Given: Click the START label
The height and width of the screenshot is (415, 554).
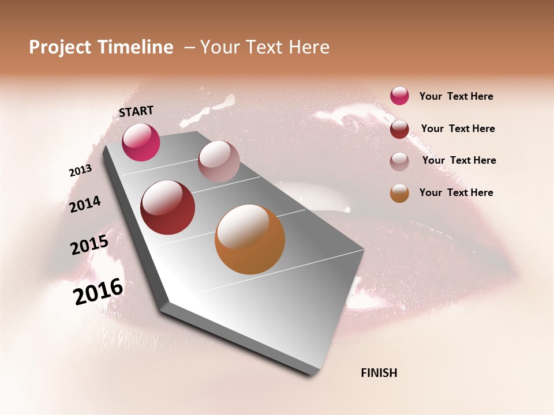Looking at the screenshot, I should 136,111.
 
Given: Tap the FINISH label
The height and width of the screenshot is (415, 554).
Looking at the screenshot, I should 379,373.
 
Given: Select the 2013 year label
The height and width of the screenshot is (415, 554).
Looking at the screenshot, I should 80,171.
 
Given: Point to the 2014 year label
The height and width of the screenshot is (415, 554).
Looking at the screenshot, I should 85,204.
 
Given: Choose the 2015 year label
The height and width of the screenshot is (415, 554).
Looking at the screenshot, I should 89,245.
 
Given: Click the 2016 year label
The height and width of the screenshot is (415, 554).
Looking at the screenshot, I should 98,292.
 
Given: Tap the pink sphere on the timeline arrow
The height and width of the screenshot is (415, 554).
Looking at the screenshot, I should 141,142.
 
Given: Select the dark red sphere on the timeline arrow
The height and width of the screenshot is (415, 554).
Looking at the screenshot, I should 167,207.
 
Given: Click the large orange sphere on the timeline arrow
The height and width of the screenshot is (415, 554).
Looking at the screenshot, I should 250,239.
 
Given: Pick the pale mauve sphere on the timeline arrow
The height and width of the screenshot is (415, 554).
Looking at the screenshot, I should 219,161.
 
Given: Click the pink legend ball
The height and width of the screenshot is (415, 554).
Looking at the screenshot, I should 399,96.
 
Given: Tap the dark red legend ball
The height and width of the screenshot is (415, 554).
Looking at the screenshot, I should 399,129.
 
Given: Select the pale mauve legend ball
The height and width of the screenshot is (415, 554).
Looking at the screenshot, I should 399,161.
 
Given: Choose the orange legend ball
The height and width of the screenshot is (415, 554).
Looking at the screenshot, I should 399,193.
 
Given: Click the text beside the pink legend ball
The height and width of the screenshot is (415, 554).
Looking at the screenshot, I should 456,97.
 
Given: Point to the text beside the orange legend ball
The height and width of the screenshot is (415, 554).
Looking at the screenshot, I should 456,193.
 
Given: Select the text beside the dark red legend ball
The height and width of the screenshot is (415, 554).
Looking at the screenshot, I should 458,129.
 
